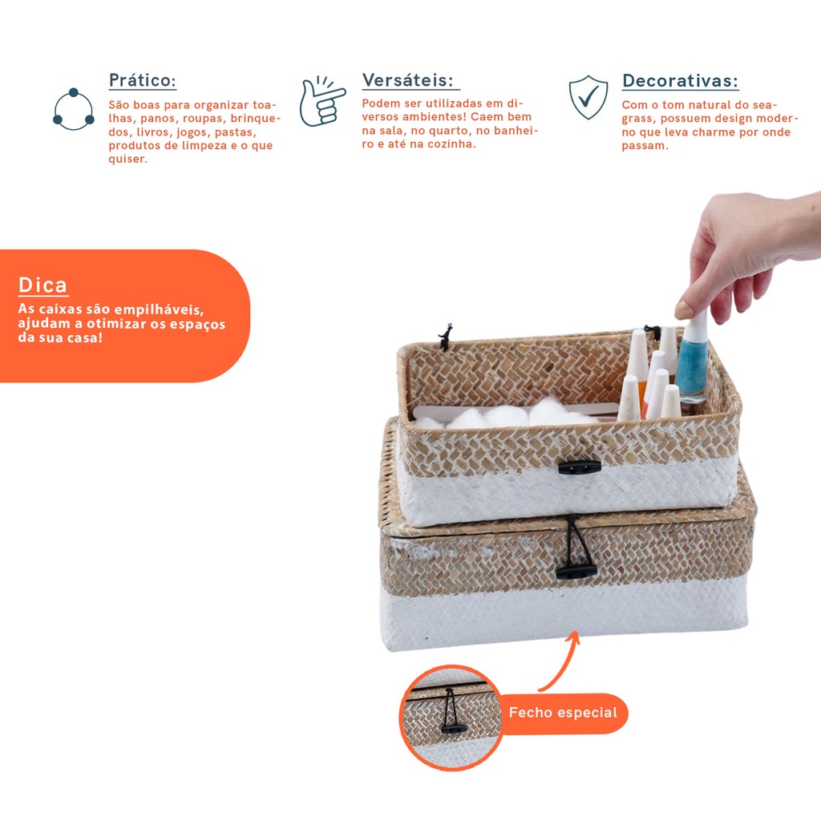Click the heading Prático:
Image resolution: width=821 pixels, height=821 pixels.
pos(142,81)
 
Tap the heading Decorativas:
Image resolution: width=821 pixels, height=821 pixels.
pos(680,81)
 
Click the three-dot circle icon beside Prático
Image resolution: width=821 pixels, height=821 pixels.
pos(73,109)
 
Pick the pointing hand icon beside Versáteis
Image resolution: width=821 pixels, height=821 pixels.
pos(322,101)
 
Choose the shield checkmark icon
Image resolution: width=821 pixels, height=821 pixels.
pos(588,97)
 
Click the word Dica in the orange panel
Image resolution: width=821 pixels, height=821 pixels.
pos(43,285)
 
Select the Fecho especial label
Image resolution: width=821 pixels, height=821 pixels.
pos(563,713)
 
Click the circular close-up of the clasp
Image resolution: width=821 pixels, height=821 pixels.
pos(451,718)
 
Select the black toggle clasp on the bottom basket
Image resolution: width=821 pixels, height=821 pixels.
pos(576,570)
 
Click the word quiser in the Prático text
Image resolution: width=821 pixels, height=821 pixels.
pos(127,159)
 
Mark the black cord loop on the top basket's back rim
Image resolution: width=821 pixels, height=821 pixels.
pos(446,337)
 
